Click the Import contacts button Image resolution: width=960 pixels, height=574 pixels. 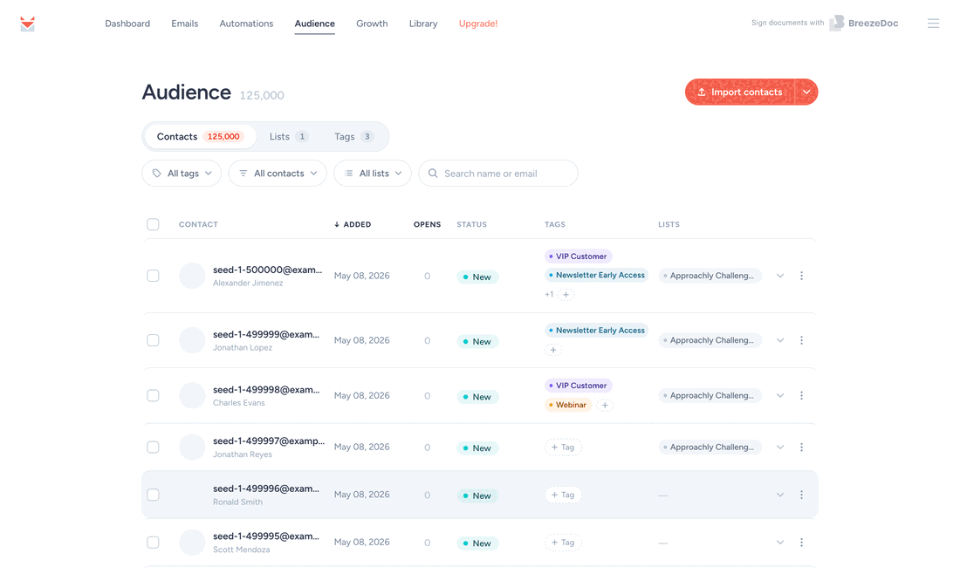pos(739,92)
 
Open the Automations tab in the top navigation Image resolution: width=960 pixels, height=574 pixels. pos(246,24)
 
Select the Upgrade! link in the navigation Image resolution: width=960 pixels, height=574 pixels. pos(478,24)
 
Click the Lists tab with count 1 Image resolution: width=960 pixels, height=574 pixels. pos(289,136)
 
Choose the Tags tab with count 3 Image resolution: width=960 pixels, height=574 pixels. pos(353,136)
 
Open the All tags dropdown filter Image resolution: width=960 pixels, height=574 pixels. pos(182,174)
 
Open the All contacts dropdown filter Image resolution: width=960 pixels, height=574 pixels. pos(278,174)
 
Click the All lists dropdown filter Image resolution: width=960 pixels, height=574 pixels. pos(373,174)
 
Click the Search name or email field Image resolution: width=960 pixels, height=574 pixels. pos(498,174)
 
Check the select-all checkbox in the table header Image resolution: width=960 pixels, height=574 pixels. pos(153,224)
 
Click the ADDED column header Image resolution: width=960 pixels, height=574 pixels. pos(353,224)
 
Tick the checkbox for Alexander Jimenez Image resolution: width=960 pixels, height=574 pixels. pos(153,276)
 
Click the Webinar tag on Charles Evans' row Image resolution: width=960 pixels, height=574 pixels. pos(568,405)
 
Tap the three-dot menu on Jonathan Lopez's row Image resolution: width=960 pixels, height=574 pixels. pos(801,340)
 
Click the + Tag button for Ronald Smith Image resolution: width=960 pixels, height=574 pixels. pos(563,495)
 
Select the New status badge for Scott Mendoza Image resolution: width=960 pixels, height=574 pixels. pos(477,543)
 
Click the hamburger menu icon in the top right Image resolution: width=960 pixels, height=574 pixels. pos(933,24)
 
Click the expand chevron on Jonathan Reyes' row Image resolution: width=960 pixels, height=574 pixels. pos(780,448)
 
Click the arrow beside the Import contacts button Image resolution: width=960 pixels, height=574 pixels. pos(806,92)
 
